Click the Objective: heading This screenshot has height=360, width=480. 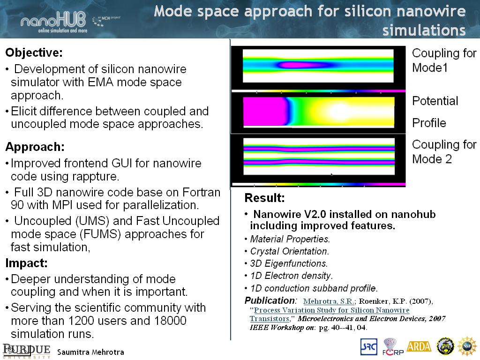34,52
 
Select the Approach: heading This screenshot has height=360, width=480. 35,147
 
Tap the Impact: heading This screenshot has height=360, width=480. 26,263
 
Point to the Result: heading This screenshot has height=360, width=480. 264,198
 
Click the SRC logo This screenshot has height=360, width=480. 368,347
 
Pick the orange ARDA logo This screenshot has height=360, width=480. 419,346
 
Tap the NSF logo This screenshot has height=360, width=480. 467,346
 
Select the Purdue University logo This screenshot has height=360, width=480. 27,351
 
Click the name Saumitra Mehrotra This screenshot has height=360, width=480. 90,352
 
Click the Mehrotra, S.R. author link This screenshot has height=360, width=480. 329,301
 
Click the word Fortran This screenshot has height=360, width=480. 202,192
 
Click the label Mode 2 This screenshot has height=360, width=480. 432,159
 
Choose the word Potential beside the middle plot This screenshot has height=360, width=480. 435,101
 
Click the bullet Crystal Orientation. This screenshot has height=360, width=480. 289,251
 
